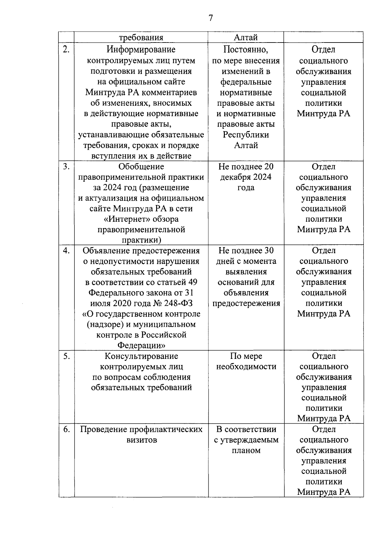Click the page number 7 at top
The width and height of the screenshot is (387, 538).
[211, 18]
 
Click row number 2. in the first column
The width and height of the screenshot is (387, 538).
[66, 50]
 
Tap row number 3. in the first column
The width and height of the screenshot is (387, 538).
[66, 167]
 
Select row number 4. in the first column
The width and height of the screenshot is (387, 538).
[66, 251]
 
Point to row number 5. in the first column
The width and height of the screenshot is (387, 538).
[66, 356]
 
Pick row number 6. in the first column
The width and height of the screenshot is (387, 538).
[66, 429]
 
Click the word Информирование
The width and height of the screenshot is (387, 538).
[141, 50]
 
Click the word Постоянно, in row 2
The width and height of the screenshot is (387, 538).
[246, 50]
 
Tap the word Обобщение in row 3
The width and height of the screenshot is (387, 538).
[141, 167]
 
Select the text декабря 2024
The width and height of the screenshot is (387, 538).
[246, 177]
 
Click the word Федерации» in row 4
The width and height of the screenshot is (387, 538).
[141, 346]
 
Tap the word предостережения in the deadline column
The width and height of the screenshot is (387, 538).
[246, 303]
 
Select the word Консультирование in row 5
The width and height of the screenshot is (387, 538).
[141, 356]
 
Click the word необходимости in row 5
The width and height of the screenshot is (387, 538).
[246, 367]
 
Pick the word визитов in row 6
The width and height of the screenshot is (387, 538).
[141, 440]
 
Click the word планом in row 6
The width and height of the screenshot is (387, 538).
[246, 450]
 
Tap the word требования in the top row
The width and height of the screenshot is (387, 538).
[141, 38]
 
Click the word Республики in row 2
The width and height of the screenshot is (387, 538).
[246, 135]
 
